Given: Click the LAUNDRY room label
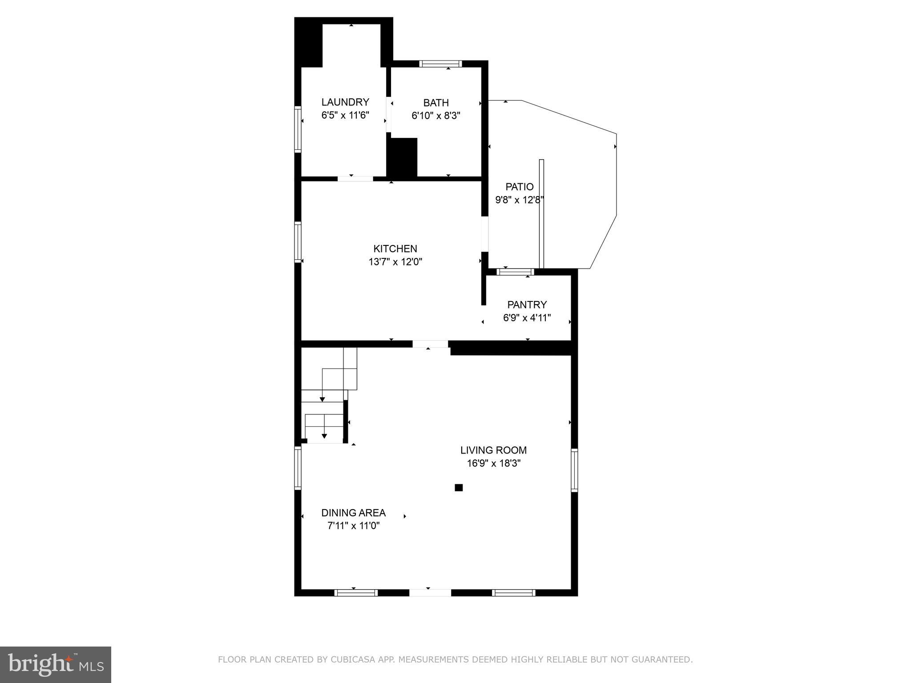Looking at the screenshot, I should point(345,102).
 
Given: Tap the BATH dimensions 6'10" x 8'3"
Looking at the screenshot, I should point(435,116).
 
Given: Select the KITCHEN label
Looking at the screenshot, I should point(395,249).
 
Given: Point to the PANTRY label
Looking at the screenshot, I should point(527,305).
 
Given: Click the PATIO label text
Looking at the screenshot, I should point(519,187).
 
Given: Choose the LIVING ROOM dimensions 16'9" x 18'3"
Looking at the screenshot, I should point(493,463).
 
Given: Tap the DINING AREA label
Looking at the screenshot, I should point(353,513).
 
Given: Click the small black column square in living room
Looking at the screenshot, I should point(459,487).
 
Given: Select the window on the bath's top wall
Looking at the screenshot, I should point(440,64).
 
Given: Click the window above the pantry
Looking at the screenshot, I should point(515,272).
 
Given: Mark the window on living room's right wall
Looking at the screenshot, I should point(574,470).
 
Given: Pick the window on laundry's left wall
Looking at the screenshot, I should point(298,129).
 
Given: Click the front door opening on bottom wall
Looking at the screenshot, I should point(430,592).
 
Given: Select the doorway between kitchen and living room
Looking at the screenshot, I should point(430,344).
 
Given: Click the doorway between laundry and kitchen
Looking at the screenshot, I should point(355,179).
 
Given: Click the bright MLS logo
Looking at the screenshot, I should point(56,664).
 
